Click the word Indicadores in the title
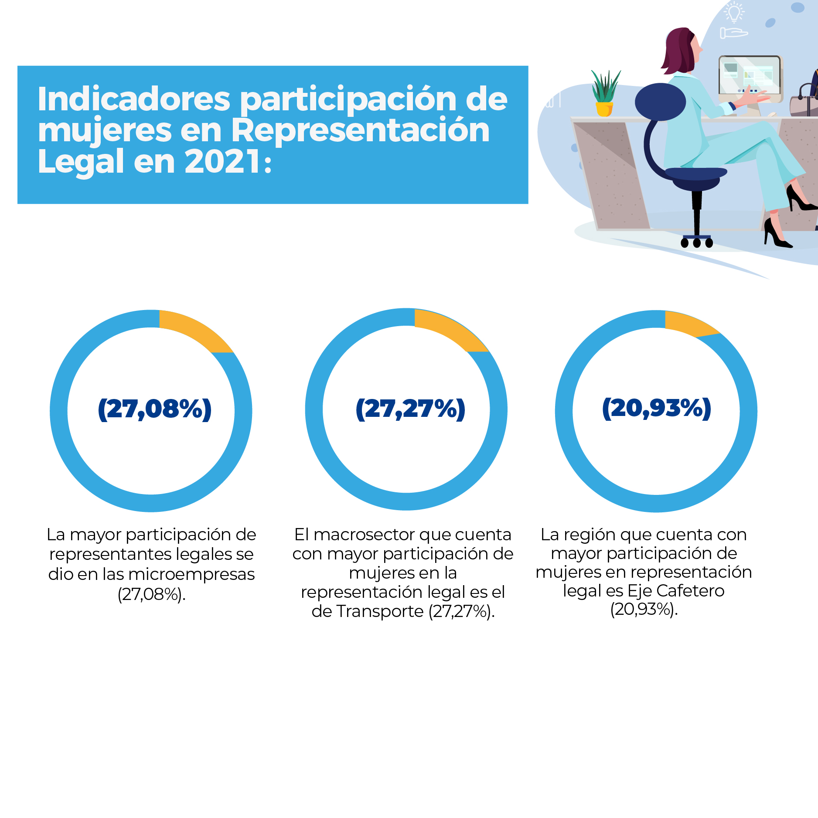pos(133,99)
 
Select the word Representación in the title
pos(360,130)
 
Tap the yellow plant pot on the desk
pos(604,109)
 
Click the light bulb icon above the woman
pos(734,11)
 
